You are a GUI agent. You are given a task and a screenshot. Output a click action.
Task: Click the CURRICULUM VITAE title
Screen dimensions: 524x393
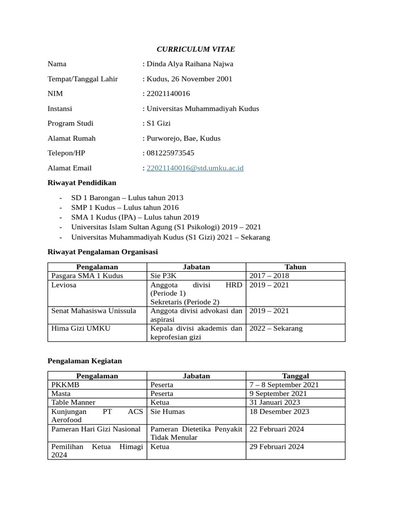pos(195,49)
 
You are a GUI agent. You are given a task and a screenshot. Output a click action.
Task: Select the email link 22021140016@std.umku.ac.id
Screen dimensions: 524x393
pos(195,168)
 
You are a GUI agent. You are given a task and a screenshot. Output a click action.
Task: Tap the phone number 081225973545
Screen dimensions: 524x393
pos(170,153)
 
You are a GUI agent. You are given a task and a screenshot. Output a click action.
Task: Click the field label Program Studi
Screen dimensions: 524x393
pos(71,123)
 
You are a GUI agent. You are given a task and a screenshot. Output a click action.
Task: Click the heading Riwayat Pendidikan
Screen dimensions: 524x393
pos(82,183)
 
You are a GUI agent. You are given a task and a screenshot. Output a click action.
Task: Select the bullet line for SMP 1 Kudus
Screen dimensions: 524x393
pos(125,207)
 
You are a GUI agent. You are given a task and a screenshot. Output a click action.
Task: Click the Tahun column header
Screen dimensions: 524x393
pos(295,267)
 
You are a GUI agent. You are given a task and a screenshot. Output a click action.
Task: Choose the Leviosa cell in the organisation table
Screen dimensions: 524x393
pos(64,285)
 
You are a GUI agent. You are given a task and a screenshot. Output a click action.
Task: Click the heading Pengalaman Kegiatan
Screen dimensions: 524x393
pos(85,361)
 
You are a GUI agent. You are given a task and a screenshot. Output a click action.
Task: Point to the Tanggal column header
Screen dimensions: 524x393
pos(295,376)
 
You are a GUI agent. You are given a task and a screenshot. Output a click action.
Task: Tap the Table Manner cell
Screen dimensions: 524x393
pos(73,402)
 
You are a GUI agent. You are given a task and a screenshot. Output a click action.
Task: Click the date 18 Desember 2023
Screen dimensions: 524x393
pos(279,411)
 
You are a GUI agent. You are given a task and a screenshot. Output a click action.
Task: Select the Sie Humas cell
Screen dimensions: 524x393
pos(168,411)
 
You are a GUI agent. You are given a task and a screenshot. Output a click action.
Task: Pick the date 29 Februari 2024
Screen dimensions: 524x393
pos(277,447)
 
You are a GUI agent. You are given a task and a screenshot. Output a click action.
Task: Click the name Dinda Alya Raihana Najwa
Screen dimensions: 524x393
pos(190,64)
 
